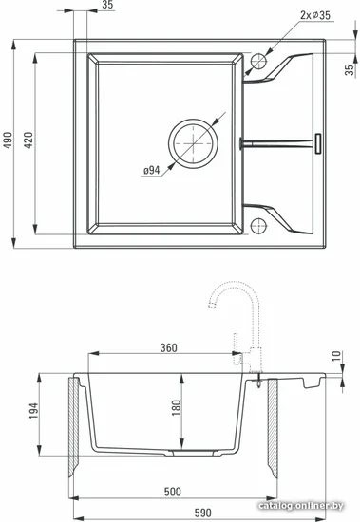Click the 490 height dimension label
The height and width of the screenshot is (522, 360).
tap(8, 140)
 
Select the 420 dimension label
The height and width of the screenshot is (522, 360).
tap(28, 140)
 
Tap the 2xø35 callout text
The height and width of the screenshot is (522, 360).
tap(315, 15)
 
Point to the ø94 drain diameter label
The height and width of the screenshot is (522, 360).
tap(152, 171)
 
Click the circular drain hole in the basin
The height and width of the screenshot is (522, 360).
tap(193, 120)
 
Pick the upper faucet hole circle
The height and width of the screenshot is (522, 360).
tap(258, 53)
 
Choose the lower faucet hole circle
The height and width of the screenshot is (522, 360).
tap(258, 218)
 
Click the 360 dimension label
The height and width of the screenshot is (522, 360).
tap(169, 347)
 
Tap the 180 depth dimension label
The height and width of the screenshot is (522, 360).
tap(176, 407)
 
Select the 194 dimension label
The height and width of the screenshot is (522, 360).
tap(33, 411)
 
